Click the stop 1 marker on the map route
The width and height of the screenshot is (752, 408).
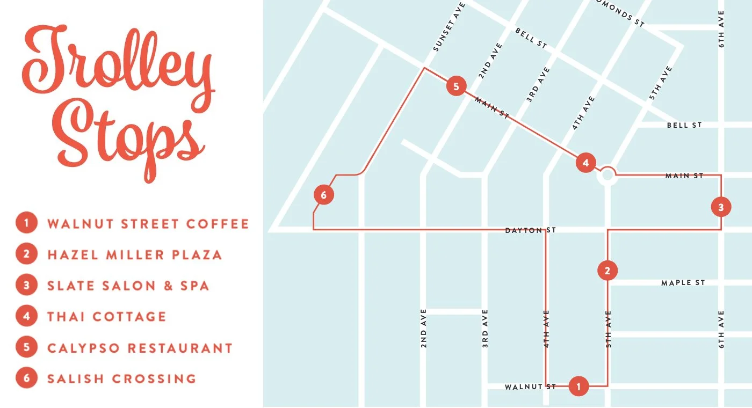[x=579, y=386]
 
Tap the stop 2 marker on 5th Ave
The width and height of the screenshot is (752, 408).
[x=608, y=271]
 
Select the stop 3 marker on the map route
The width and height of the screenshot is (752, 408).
[x=721, y=207]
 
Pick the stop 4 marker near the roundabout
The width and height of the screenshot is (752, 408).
[x=585, y=163]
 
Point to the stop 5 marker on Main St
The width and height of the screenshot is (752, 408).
[x=456, y=86]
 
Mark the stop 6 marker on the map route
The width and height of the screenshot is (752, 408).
[x=323, y=195]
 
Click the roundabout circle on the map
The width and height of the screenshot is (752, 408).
[x=608, y=174]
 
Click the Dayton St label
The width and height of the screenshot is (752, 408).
[x=530, y=230]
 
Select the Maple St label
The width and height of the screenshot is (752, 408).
[x=683, y=283]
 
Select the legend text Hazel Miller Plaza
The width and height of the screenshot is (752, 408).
[x=134, y=254]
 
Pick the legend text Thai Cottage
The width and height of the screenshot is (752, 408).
[x=106, y=317]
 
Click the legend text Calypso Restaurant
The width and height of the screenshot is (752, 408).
[x=140, y=348]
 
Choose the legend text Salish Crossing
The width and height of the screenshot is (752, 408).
[x=121, y=378]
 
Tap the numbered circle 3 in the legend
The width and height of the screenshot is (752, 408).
[x=26, y=286]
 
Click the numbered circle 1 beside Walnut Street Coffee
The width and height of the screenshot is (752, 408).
[x=26, y=223]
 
